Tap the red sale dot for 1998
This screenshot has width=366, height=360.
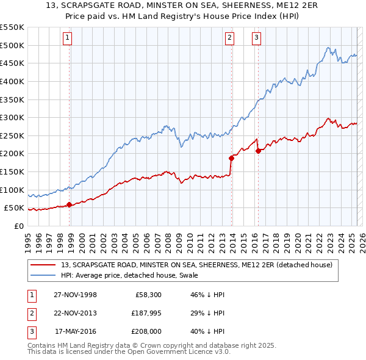69,204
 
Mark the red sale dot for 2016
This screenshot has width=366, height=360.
259,151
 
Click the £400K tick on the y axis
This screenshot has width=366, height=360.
12,81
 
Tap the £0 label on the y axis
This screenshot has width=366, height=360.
19,226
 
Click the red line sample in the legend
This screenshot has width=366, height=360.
44,265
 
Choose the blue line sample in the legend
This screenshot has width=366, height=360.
44,275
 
